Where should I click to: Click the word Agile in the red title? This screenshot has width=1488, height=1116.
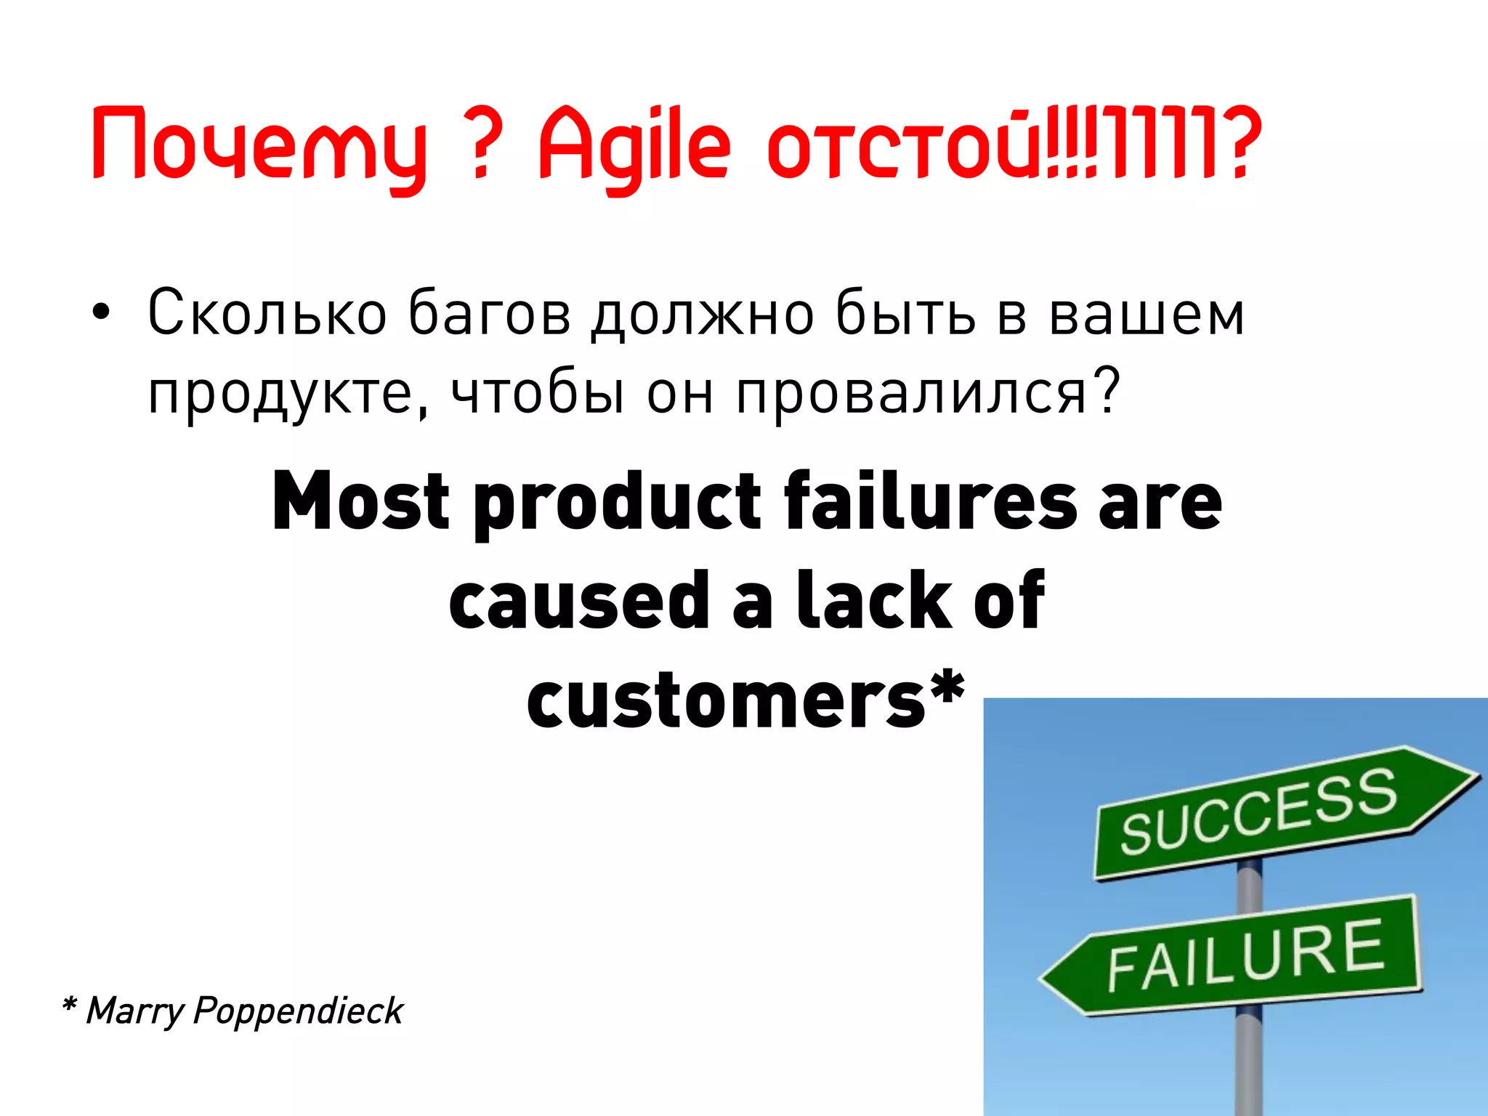tap(634, 145)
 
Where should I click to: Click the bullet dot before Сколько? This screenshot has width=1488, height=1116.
tap(101, 312)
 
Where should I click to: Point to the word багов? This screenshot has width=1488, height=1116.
tap(489, 314)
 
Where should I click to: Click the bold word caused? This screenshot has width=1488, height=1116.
tap(578, 600)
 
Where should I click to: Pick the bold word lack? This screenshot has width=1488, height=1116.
tap(874, 600)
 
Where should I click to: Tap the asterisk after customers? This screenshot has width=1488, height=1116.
tap(947, 687)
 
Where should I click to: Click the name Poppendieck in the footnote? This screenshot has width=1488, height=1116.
tap(298, 1011)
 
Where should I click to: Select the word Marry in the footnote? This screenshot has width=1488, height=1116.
tap(134, 1011)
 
